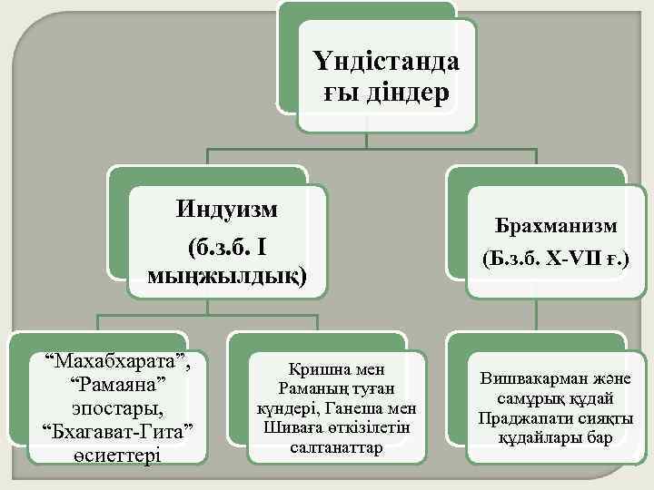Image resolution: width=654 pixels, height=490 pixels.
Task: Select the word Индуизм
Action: [x=226, y=210]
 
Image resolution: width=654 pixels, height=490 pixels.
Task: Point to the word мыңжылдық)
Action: [x=226, y=274]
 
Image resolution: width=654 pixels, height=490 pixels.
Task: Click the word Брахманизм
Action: [x=556, y=225]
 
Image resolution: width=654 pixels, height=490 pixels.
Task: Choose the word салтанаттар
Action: [x=336, y=447]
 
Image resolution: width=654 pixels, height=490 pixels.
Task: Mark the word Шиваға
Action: [x=284, y=428]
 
